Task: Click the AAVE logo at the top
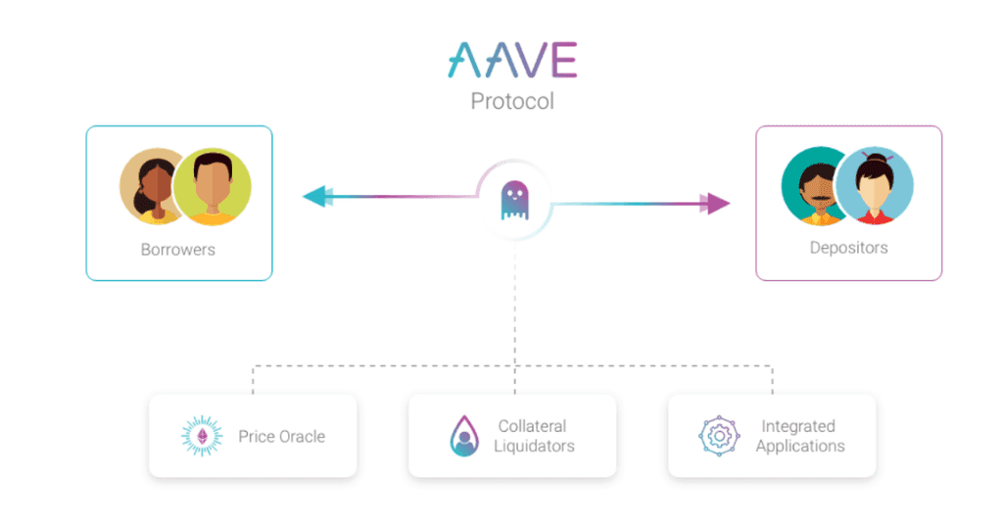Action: coord(512,60)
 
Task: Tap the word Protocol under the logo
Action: coord(512,101)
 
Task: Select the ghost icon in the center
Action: coord(515,200)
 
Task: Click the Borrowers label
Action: coord(178,250)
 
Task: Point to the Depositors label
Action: coord(849,248)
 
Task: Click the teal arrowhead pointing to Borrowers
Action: coord(317,196)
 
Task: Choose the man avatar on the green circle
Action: coord(213,187)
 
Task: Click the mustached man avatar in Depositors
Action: coord(811,187)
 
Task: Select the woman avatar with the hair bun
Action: coord(875,185)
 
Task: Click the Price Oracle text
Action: coord(281,436)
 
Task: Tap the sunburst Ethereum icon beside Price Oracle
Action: coord(202,436)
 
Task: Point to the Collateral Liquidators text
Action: coord(534,436)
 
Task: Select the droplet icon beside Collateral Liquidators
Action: coord(464,436)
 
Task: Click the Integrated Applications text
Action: coord(800,436)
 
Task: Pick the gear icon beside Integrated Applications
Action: coord(719,436)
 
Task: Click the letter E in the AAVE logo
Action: coord(564,60)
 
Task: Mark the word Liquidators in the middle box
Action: coord(534,446)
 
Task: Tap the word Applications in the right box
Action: coord(800,446)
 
